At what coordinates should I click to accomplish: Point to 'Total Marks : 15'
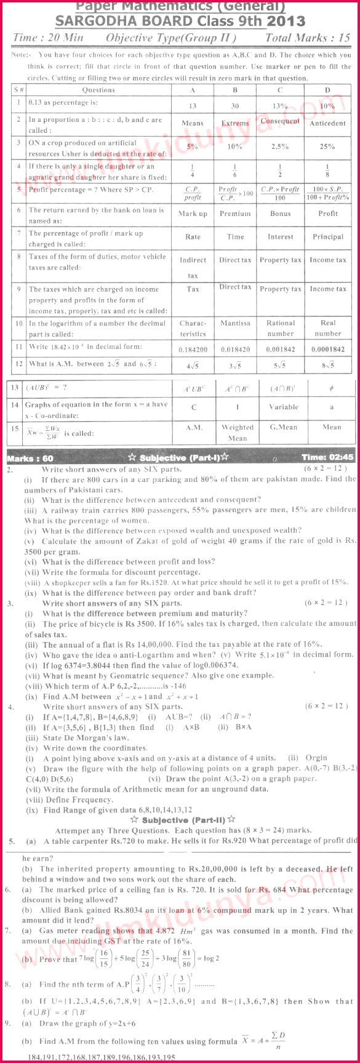pos(308,38)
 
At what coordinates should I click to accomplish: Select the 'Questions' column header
pos(98,90)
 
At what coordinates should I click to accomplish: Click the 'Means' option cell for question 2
pos(193,123)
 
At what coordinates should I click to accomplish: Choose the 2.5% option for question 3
pos(280,146)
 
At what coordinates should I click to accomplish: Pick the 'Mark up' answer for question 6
pos(193,214)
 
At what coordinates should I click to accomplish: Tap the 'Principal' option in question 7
pos(327,236)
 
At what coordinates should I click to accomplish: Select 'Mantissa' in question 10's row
pos(235,323)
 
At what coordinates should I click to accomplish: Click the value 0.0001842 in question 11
pos(327,349)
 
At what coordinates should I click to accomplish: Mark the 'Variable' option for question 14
pos(283,407)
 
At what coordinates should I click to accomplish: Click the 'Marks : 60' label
pos(30,458)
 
